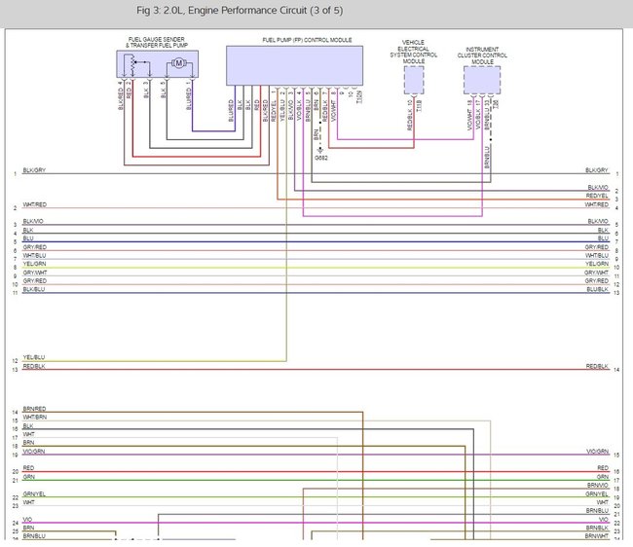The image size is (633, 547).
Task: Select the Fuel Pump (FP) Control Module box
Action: [293, 64]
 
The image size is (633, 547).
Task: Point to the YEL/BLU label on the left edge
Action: [34, 357]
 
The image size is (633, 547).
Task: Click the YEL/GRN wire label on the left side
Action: [34, 264]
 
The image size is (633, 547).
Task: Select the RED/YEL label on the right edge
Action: [597, 196]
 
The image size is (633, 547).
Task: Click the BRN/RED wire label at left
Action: [34, 409]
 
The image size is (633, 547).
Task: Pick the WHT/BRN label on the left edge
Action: [34, 418]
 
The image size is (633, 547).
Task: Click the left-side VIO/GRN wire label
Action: [34, 452]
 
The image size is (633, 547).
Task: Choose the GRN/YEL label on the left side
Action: [34, 494]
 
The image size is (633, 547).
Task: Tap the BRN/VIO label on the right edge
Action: [597, 485]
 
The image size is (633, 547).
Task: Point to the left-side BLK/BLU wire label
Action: [34, 289]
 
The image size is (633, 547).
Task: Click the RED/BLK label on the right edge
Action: [597, 366]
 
